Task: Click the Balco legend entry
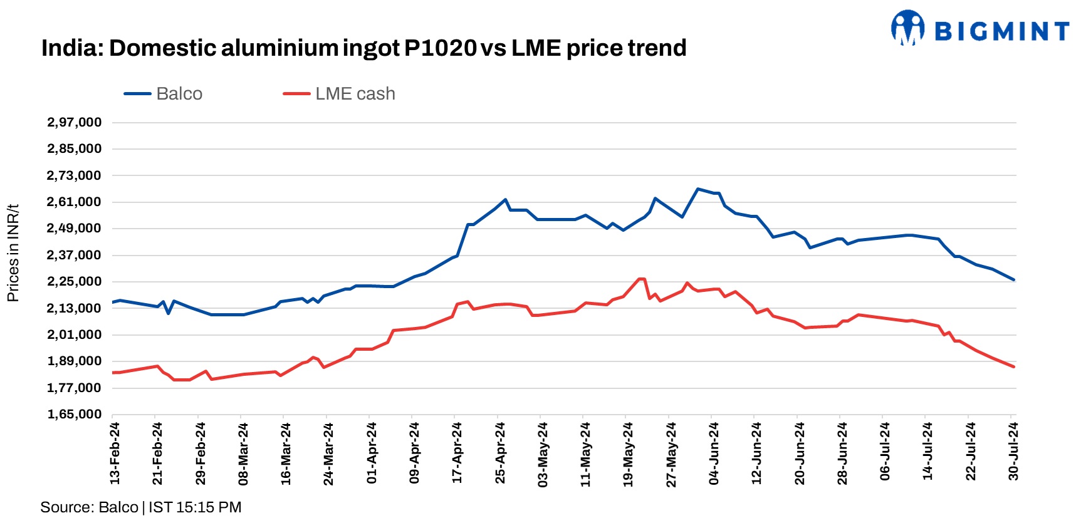pyautogui.click(x=164, y=94)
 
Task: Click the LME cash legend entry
pyautogui.click(x=339, y=94)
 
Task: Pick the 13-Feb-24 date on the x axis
pyautogui.click(x=115, y=453)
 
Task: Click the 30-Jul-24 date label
pyautogui.click(x=1013, y=452)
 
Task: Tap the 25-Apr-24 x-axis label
pyautogui.click(x=500, y=453)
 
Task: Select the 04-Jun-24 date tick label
pyautogui.click(x=714, y=453)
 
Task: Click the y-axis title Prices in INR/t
pyautogui.click(x=13, y=253)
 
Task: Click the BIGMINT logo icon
pyautogui.click(x=908, y=28)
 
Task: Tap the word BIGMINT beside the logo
pyautogui.click(x=1002, y=31)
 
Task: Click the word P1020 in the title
pyautogui.click(x=440, y=48)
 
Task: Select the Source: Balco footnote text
pyautogui.click(x=89, y=507)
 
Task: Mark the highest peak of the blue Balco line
pyautogui.click(x=697, y=189)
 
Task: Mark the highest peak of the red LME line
pyautogui.click(x=640, y=279)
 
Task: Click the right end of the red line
pyautogui.click(x=1013, y=366)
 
